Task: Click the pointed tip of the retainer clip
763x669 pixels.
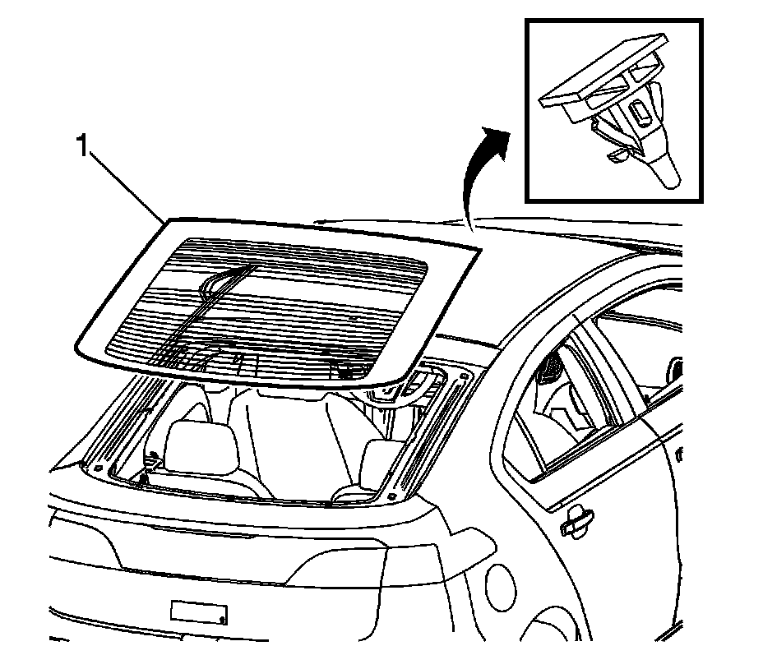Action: (670, 176)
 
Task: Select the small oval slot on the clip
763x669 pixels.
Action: (638, 111)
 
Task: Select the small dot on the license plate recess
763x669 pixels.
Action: (222, 616)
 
